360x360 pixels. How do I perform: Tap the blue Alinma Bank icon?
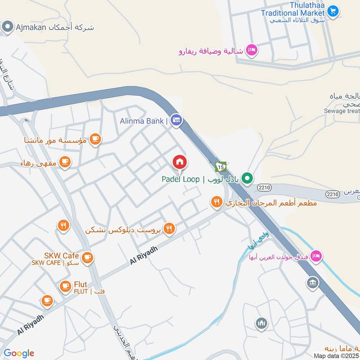click(176, 120)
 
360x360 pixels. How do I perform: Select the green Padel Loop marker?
click(247, 179)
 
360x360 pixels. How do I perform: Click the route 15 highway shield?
click(220, 167)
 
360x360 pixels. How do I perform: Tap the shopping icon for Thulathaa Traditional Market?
click(333, 11)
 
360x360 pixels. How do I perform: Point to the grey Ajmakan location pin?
click(7, 27)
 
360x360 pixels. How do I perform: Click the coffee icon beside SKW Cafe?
click(87, 257)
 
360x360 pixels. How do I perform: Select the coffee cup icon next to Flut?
click(65, 285)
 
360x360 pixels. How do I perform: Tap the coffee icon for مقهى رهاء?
click(65, 162)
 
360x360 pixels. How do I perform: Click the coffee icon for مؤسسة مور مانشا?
click(95, 139)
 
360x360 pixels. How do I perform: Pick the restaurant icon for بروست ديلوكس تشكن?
click(169, 229)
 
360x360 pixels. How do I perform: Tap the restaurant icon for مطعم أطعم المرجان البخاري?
click(217, 203)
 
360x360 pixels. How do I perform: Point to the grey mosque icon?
click(261, 323)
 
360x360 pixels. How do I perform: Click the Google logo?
click(19, 353)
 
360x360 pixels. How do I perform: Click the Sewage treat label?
click(342, 111)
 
